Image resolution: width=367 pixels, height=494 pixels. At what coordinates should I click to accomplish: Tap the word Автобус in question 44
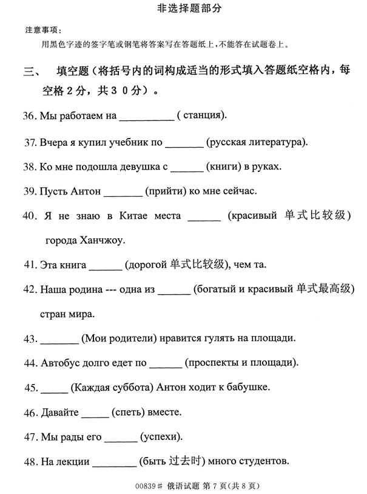(62, 363)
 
